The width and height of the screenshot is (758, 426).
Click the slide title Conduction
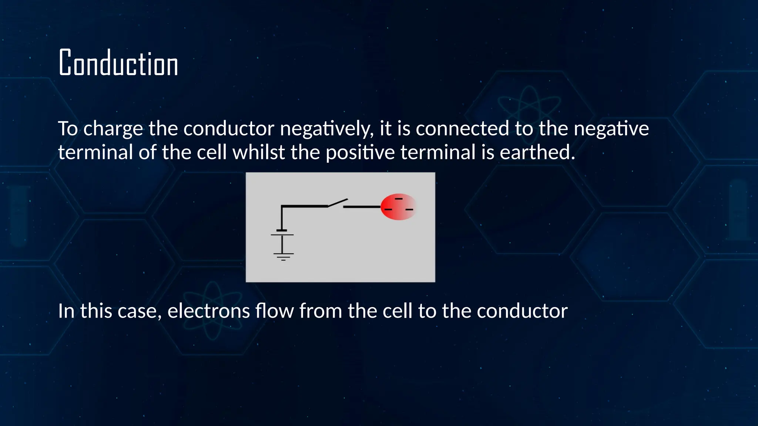pyautogui.click(x=118, y=63)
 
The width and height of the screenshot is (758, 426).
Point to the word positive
pyautogui.click(x=360, y=152)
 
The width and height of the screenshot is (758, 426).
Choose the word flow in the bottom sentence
pyautogui.click(x=274, y=311)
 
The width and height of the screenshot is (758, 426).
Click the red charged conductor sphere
pyautogui.click(x=398, y=207)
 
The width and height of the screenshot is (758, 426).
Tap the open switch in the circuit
pyautogui.click(x=337, y=203)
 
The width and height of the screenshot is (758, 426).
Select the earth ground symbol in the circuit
pyautogui.click(x=283, y=256)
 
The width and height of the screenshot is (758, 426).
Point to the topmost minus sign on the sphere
pyautogui.click(x=399, y=199)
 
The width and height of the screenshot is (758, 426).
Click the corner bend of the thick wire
pyautogui.click(x=282, y=206)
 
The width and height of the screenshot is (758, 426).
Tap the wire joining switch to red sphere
pyautogui.click(x=362, y=207)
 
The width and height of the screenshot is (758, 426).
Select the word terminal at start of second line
pyautogui.click(x=95, y=152)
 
